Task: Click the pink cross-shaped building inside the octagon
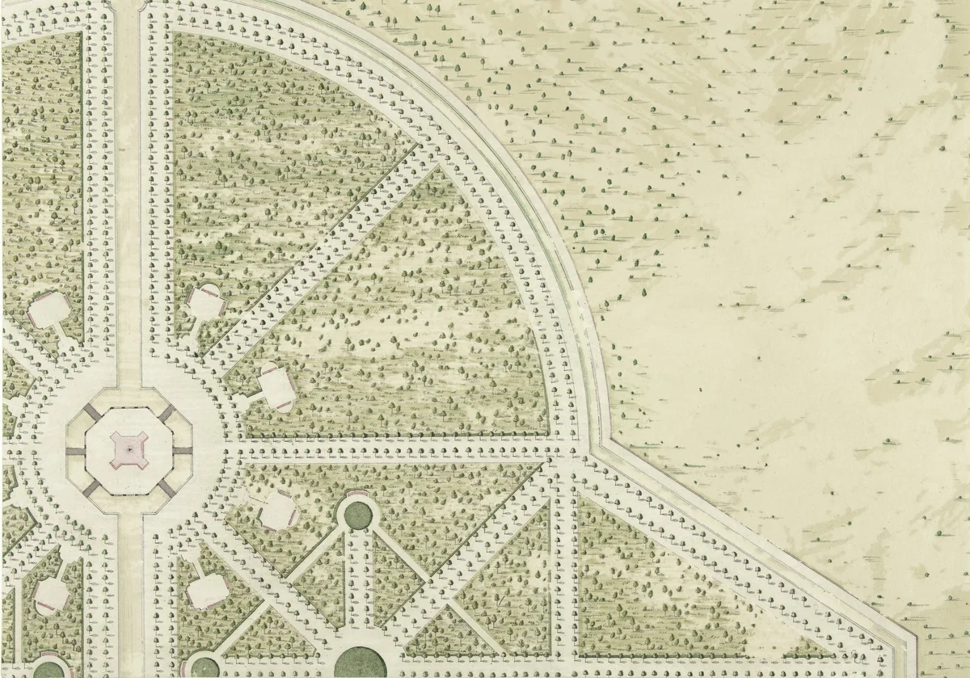coord(128,448)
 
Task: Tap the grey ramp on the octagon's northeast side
coord(166,413)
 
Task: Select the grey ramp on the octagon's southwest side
coord(91,486)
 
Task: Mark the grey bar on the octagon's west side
coord(74,450)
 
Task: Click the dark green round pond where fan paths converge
coord(356,512)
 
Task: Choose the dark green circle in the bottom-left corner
coord(48,670)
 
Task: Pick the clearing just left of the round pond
coord(279,509)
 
